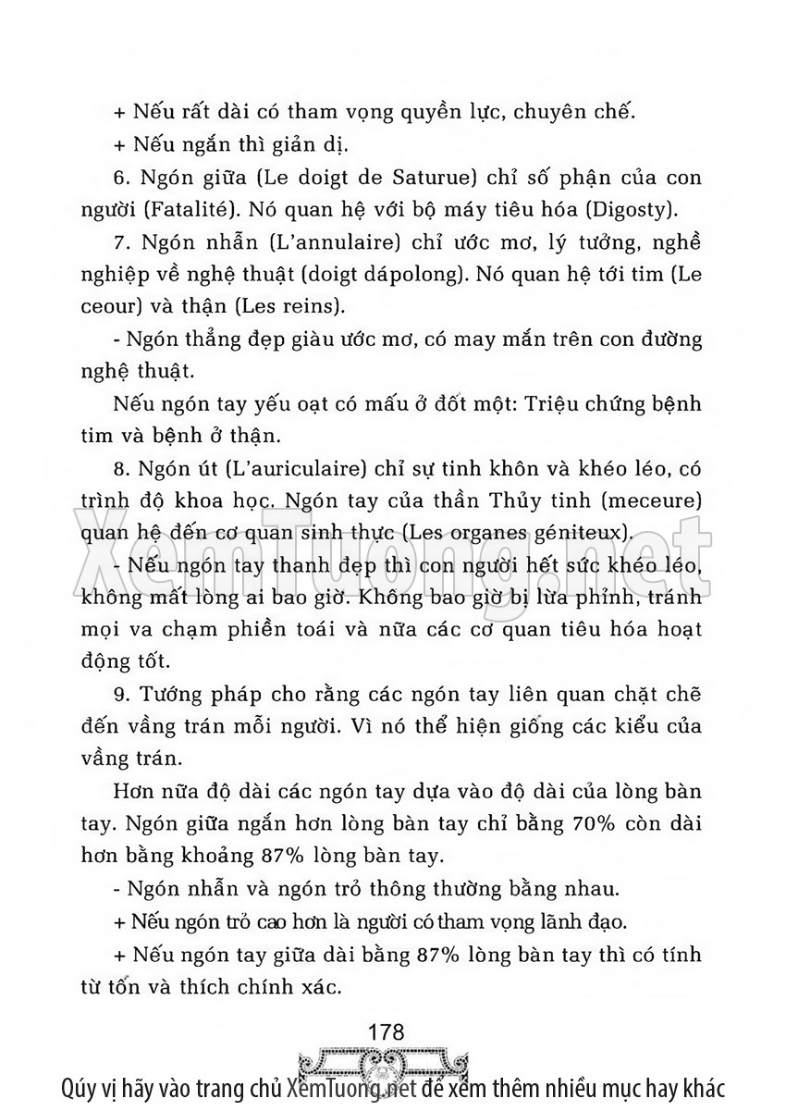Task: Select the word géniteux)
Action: click(582, 533)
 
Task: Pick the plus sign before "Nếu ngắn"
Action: click(118, 144)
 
